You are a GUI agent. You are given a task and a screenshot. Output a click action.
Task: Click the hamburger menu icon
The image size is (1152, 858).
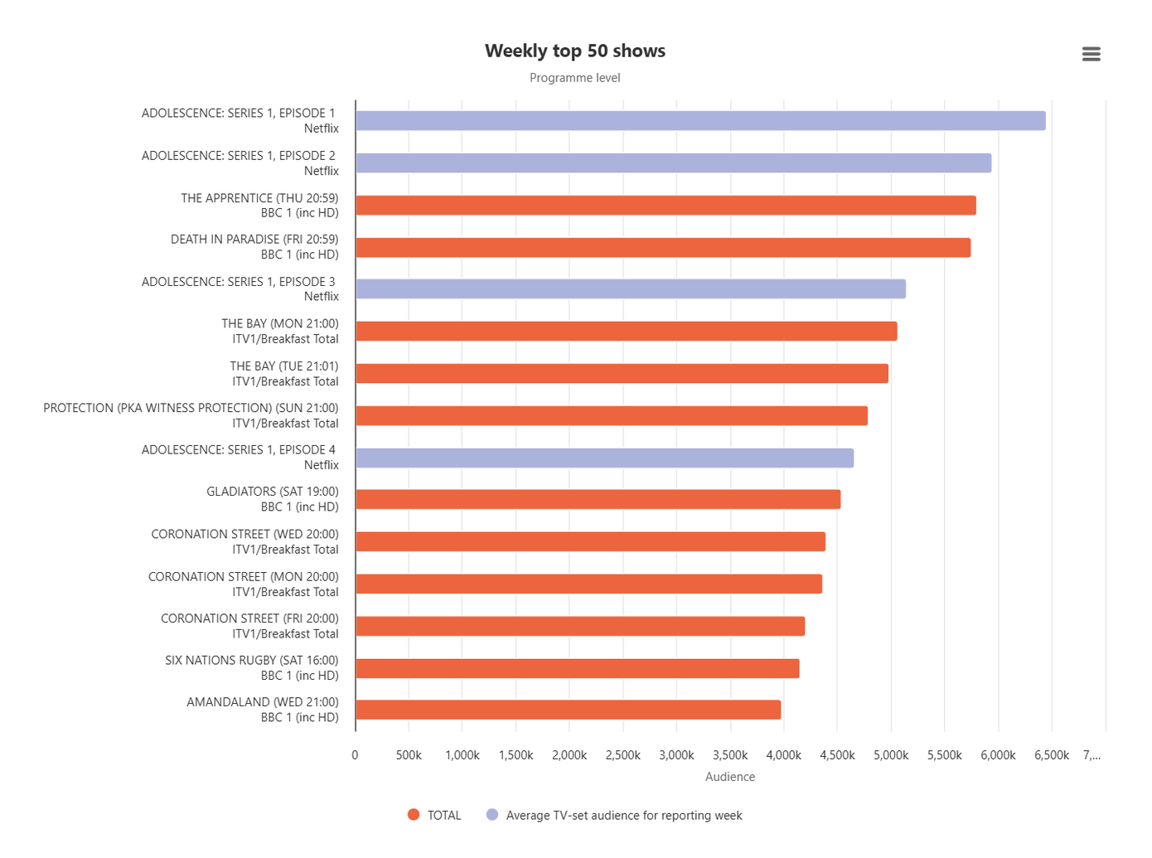pyautogui.click(x=1091, y=54)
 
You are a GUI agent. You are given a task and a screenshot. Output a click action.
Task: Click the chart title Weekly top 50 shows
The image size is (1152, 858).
pyautogui.click(x=574, y=51)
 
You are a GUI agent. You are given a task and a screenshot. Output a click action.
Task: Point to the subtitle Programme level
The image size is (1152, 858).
pyautogui.click(x=574, y=78)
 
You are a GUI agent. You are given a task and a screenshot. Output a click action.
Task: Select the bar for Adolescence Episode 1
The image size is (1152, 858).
pyautogui.click(x=700, y=121)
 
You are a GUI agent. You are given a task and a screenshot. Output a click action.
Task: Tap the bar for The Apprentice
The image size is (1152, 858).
pyautogui.click(x=666, y=206)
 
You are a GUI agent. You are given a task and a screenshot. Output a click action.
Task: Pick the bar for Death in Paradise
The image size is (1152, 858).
pyautogui.click(x=663, y=248)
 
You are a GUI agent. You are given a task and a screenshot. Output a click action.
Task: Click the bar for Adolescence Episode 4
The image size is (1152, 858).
pyautogui.click(x=604, y=458)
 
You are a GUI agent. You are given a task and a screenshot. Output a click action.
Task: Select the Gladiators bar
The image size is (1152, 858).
pyautogui.click(x=598, y=500)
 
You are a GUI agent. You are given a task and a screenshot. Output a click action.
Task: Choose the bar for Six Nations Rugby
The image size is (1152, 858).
pyautogui.click(x=577, y=669)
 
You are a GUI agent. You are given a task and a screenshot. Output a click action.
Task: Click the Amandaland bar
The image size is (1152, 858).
pyautogui.click(x=568, y=710)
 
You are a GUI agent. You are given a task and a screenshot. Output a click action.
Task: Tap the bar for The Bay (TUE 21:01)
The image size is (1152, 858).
pyautogui.click(x=622, y=374)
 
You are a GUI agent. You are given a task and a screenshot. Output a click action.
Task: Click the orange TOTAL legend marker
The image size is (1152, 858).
pyautogui.click(x=414, y=815)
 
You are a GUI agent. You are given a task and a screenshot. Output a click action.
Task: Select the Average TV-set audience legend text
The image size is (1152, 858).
pyautogui.click(x=623, y=816)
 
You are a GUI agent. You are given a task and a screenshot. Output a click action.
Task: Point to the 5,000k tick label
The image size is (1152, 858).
pyautogui.click(x=891, y=755)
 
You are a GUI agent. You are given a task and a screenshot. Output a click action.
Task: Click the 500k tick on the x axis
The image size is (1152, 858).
pyautogui.click(x=409, y=755)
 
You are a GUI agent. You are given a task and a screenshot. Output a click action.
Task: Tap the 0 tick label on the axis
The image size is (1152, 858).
pyautogui.click(x=355, y=755)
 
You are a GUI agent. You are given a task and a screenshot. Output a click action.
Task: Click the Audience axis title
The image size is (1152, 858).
pyautogui.click(x=729, y=777)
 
